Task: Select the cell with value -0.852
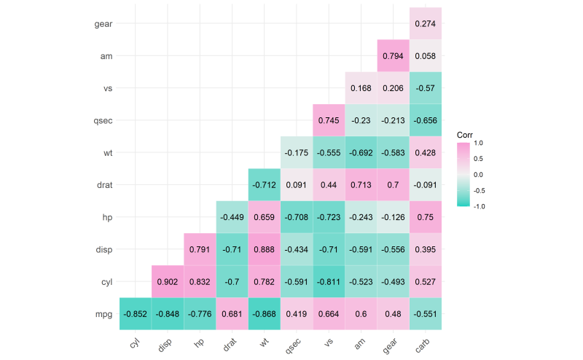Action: pyautogui.click(x=136, y=314)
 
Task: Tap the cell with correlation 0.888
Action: pyautogui.click(x=264, y=250)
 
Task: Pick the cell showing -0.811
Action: pyautogui.click(x=329, y=282)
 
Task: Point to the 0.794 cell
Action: pyautogui.click(x=393, y=56)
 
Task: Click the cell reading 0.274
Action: pyautogui.click(x=425, y=24)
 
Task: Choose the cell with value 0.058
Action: pyautogui.click(x=425, y=56)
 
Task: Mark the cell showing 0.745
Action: pyautogui.click(x=329, y=121)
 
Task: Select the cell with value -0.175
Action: pyautogui.click(x=297, y=153)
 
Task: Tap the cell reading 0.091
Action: pyautogui.click(x=297, y=185)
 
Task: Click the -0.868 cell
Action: pyautogui.click(x=264, y=314)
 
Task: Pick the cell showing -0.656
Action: pyautogui.click(x=425, y=121)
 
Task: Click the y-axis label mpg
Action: pyautogui.click(x=103, y=314)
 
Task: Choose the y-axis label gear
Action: pyautogui.click(x=103, y=24)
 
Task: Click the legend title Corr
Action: pyautogui.click(x=466, y=135)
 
